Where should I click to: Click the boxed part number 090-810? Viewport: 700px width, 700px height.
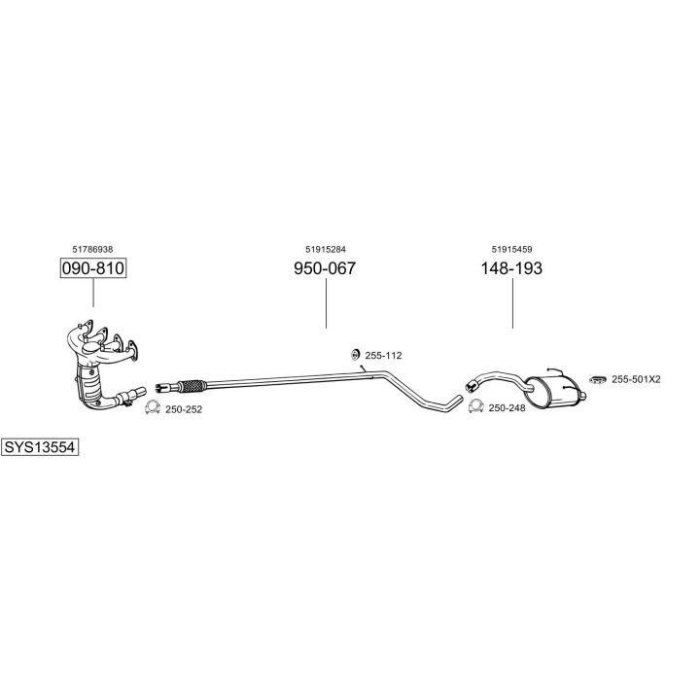pos(93,268)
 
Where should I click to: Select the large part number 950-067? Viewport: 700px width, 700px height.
pos(325,268)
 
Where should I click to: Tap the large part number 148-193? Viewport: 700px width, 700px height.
pos(511,268)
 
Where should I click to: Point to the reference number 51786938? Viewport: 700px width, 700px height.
pos(92,249)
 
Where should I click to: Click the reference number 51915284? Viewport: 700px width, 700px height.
pos(326,249)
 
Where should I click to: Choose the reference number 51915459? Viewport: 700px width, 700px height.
pos(512,249)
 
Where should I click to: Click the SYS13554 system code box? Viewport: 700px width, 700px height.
pos(40,447)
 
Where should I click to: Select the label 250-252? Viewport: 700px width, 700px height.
pos(184,409)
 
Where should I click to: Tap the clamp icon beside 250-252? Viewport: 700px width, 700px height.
pos(153,407)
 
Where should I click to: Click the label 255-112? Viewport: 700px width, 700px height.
pos(383,356)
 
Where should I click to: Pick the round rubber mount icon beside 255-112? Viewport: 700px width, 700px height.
pos(355,355)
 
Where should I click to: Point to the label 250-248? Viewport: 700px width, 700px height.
pos(507,407)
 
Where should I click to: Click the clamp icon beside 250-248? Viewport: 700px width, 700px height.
pos(475,405)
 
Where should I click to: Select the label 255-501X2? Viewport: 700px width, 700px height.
pos(636,379)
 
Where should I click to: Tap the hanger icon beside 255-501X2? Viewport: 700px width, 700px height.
pos(597,379)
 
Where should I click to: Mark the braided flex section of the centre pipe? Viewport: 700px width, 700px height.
pos(192,386)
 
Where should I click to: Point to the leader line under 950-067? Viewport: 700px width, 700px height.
pos(326,303)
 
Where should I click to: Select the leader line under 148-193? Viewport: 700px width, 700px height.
pos(512,303)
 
